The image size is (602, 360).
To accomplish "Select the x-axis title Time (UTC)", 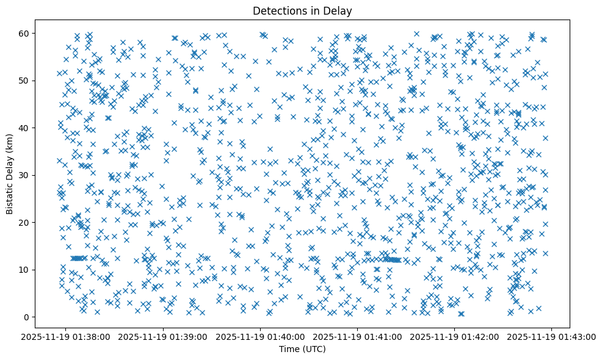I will click(x=302, y=349).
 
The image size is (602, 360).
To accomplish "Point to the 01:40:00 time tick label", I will click(x=261, y=336).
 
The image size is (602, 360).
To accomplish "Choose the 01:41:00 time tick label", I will click(x=358, y=336).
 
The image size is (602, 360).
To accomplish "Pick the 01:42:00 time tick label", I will click(x=455, y=336).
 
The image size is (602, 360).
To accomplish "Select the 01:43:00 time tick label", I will click(x=552, y=336).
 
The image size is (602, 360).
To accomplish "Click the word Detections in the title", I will click(x=278, y=10).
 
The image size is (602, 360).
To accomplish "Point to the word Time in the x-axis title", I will click(x=288, y=349).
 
